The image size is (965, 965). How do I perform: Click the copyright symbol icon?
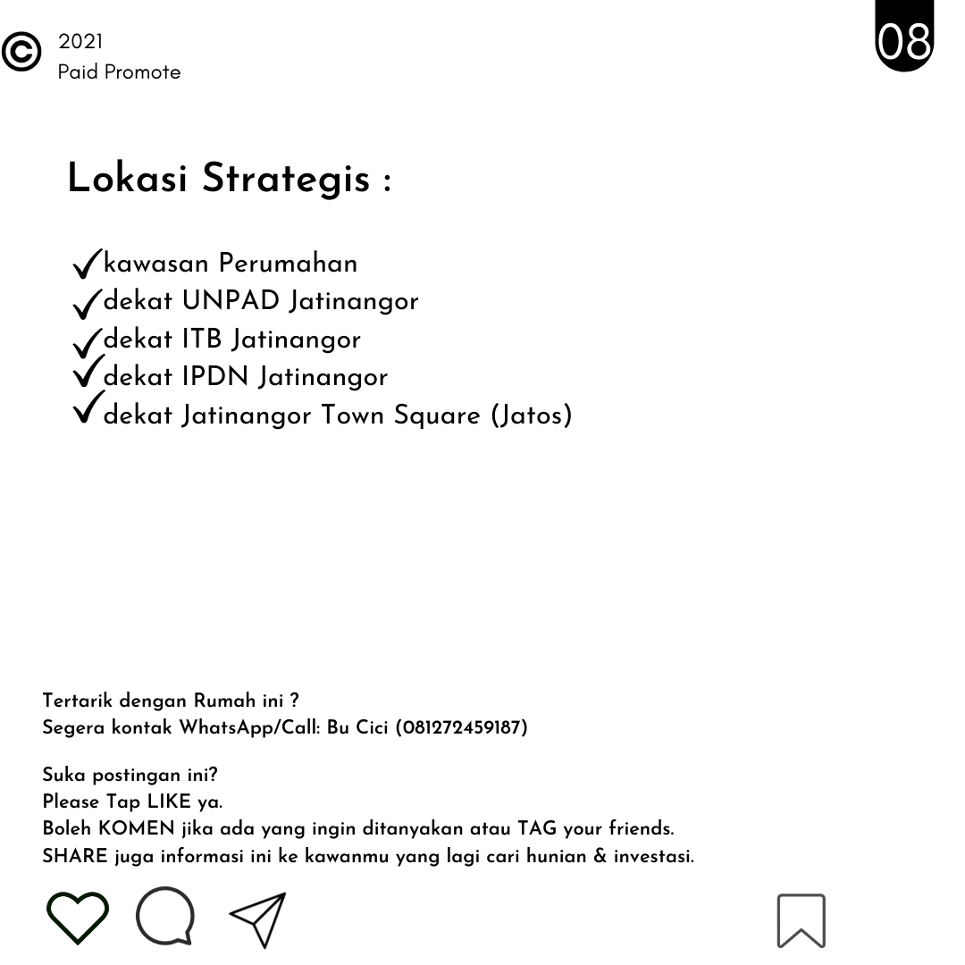(21, 52)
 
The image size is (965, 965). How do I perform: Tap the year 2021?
(80, 41)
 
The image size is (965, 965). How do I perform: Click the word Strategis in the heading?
(286, 179)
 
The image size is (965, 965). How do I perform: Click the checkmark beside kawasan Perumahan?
(87, 264)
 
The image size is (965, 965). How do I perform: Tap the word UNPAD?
(231, 301)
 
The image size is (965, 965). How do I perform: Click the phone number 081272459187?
(462, 727)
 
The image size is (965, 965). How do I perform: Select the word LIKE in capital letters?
(170, 801)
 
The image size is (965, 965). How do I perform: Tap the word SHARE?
(75, 856)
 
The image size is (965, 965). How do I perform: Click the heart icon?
(78, 919)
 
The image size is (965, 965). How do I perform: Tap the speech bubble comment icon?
(165, 916)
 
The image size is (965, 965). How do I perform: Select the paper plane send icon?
(259, 919)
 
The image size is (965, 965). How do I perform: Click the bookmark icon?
(801, 919)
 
